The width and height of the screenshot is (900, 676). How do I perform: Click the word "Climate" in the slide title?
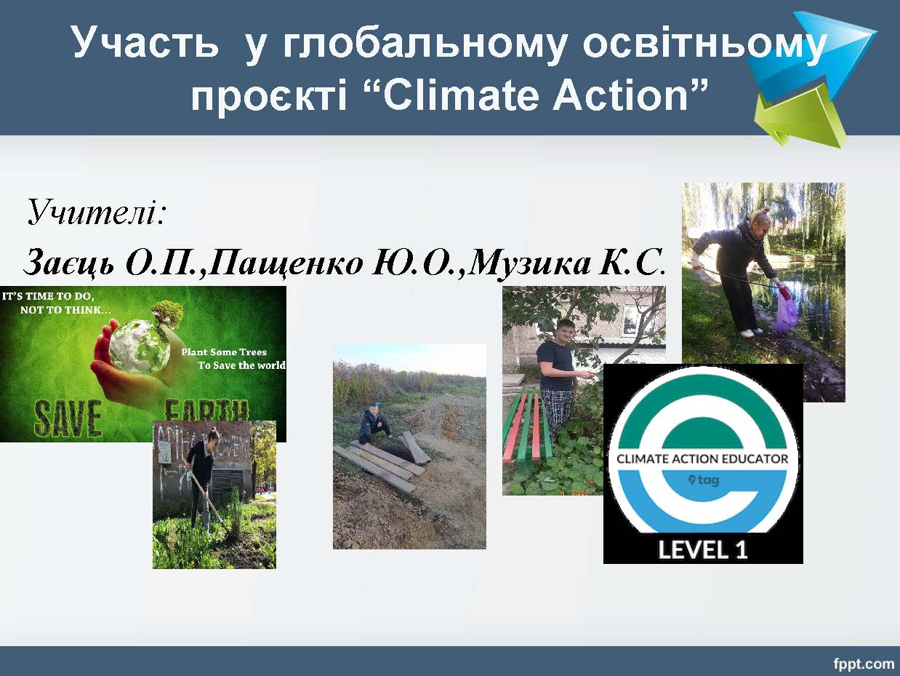(460, 95)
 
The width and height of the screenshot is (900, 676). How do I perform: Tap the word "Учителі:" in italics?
(96, 212)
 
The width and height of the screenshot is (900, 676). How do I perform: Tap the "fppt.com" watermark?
(864, 663)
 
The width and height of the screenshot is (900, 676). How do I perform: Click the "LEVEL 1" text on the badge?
(703, 549)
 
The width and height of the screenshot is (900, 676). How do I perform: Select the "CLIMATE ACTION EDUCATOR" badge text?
(702, 458)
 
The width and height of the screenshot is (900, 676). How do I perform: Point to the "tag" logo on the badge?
(704, 480)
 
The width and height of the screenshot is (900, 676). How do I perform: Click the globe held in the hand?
(140, 347)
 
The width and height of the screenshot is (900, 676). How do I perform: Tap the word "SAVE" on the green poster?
(68, 418)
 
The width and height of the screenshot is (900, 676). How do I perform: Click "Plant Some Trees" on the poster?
(224, 351)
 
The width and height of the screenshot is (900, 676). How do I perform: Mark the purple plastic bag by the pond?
(787, 311)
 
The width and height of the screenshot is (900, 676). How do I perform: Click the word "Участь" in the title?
(144, 42)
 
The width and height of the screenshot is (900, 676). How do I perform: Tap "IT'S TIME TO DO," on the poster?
(48, 296)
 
